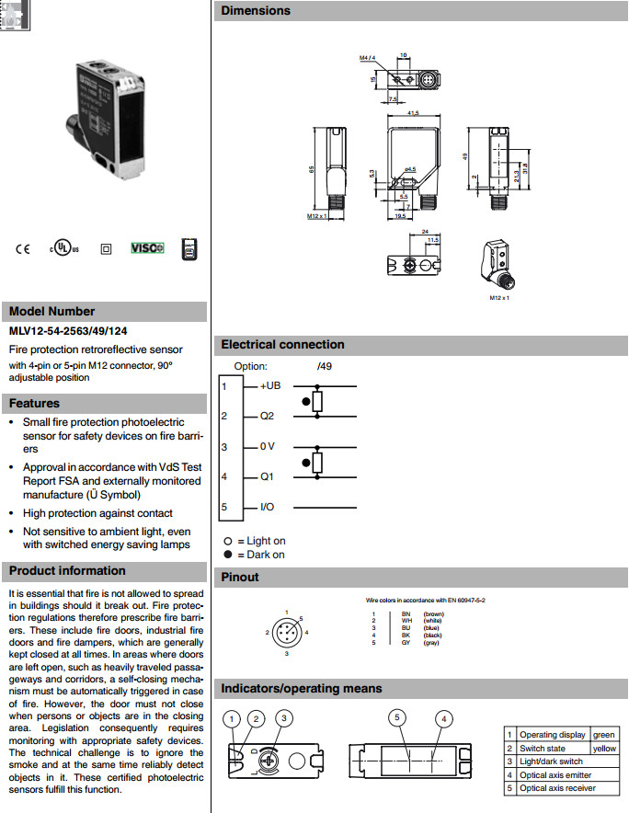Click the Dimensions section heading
point(256,11)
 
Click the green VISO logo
point(146,248)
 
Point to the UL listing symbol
point(63,248)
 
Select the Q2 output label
point(267,416)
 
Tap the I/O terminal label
point(268,507)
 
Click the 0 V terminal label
point(268,447)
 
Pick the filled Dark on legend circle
point(227,555)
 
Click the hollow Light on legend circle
point(227,542)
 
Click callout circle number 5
point(397,717)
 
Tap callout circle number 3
point(285,717)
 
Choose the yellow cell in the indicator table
point(604,749)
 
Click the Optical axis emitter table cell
point(555,774)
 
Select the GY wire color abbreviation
point(406,643)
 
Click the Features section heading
point(34,403)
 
